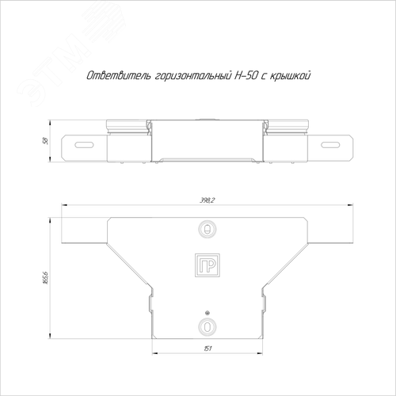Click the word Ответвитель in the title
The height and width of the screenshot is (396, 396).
click(x=119, y=76)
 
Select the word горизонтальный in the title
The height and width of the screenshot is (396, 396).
click(x=193, y=76)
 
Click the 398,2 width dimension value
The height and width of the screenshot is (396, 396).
click(x=208, y=200)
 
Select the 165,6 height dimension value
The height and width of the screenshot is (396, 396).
click(x=45, y=277)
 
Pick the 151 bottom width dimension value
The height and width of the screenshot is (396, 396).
click(x=208, y=348)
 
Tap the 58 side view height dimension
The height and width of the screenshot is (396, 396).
click(x=45, y=141)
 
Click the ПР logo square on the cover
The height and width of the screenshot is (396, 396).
click(x=208, y=265)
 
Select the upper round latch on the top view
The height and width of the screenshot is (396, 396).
click(x=208, y=229)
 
